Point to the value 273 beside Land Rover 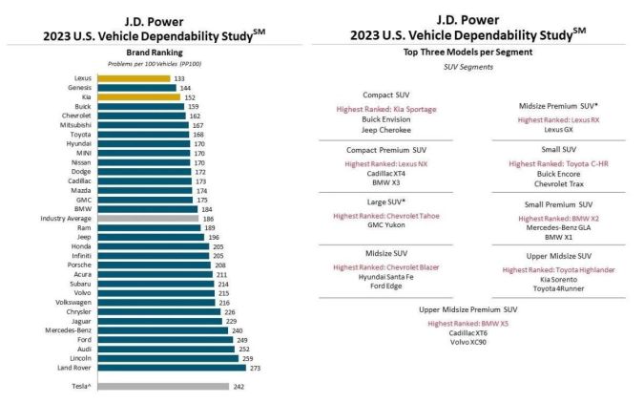pos(254,367)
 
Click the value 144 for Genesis pos(186,88)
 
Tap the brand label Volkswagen pos(74,302)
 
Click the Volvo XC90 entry pos(467,341)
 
